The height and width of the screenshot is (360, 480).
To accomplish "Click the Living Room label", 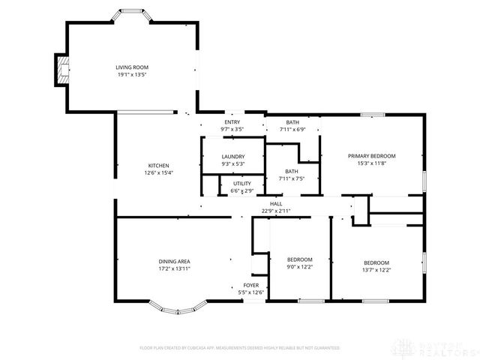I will coord(131,67).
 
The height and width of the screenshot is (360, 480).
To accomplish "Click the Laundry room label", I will coord(232,157).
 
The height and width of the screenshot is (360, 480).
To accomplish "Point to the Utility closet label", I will coord(241,183).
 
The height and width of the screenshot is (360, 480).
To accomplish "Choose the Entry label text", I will coord(232,122).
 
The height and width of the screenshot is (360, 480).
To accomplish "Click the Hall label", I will coord(276,204).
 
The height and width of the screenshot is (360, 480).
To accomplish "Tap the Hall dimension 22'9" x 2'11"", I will coord(276,211).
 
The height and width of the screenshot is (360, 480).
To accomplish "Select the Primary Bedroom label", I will coord(371,156).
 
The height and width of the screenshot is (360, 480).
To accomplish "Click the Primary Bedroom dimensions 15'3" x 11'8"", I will coord(371,163).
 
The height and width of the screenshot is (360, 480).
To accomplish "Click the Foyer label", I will coord(250,286).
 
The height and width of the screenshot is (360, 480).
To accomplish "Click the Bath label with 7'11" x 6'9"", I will coord(292,122).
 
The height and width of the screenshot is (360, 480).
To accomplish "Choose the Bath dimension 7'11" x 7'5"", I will coord(291,178).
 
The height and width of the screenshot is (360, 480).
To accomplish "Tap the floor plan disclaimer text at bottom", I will coord(240,348).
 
